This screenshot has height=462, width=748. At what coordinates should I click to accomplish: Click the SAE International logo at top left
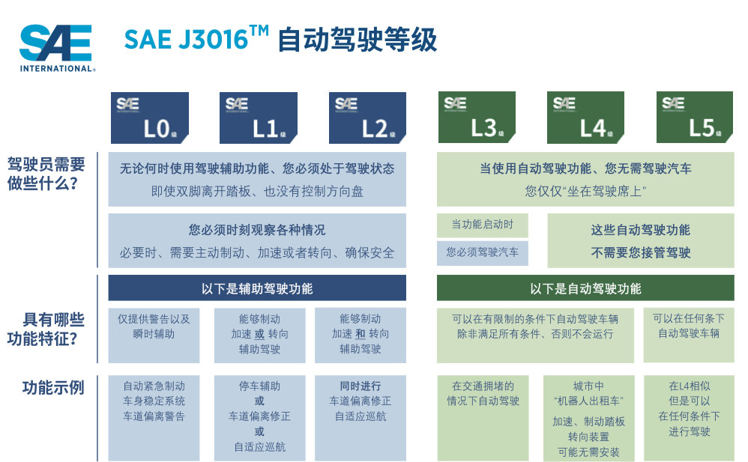(x=57, y=48)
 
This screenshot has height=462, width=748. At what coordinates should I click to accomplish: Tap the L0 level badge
(x=150, y=118)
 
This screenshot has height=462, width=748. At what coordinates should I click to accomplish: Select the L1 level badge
(x=259, y=118)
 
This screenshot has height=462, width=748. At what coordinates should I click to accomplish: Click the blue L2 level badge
(x=367, y=118)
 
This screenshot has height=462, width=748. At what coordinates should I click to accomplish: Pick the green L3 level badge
(x=477, y=118)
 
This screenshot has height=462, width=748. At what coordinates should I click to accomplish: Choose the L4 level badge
(x=586, y=118)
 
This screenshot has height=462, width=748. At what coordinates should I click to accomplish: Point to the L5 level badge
(x=695, y=118)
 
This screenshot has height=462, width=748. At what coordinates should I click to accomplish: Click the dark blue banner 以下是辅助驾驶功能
(x=257, y=288)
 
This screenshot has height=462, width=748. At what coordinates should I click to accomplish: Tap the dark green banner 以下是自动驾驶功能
(x=585, y=288)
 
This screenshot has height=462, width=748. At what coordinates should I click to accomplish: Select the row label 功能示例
(x=53, y=388)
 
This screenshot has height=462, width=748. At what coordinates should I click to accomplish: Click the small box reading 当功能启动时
(x=482, y=225)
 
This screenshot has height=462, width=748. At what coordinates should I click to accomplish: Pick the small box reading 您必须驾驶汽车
(x=482, y=252)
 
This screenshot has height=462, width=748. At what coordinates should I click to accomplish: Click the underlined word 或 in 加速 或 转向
(x=259, y=334)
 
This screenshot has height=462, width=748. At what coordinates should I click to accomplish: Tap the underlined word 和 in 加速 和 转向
(x=361, y=334)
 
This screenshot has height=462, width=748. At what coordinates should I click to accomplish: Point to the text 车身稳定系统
(x=154, y=401)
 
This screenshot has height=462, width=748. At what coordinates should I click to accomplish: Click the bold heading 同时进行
(x=361, y=386)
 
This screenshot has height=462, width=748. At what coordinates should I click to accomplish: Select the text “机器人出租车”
(x=588, y=401)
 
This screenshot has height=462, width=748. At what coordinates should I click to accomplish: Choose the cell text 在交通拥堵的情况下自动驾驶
(x=483, y=393)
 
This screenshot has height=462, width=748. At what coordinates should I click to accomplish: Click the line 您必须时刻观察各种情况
(x=257, y=230)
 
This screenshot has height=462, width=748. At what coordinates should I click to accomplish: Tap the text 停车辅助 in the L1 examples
(x=259, y=386)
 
